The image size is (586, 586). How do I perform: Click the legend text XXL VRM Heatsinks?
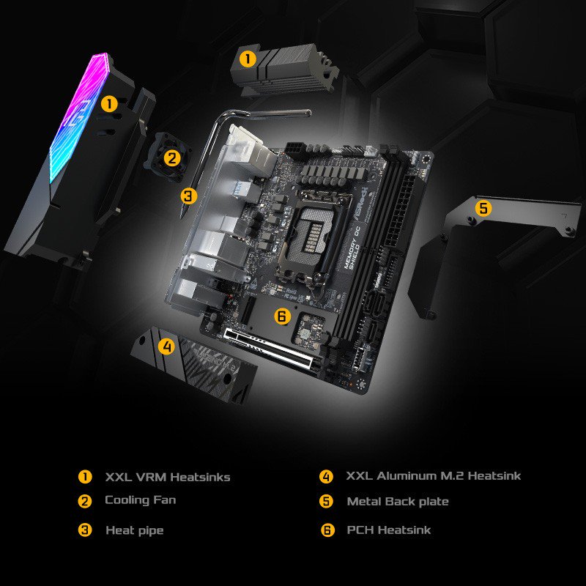pos(168,477)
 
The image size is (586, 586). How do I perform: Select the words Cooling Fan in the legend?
pos(140,500)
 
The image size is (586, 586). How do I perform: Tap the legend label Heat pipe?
pos(134,530)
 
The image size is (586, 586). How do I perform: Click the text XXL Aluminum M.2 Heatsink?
pos(434,476)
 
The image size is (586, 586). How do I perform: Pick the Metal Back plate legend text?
pos(398,502)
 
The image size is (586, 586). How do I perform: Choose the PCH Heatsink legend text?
pos(389,530)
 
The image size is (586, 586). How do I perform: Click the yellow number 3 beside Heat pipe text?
pos(86,530)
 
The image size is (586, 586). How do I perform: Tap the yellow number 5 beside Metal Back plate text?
pos(327,502)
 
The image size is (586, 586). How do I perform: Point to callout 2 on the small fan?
pos(172,157)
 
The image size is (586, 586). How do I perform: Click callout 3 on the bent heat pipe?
pos(189,196)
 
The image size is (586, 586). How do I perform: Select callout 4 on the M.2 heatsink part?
pos(167,346)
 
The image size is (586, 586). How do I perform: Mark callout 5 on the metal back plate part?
pos(483,208)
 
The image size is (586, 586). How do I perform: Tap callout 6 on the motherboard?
pos(282,316)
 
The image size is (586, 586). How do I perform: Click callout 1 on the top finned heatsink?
pos(248,59)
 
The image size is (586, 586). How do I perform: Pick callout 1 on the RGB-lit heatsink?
pos(109,104)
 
